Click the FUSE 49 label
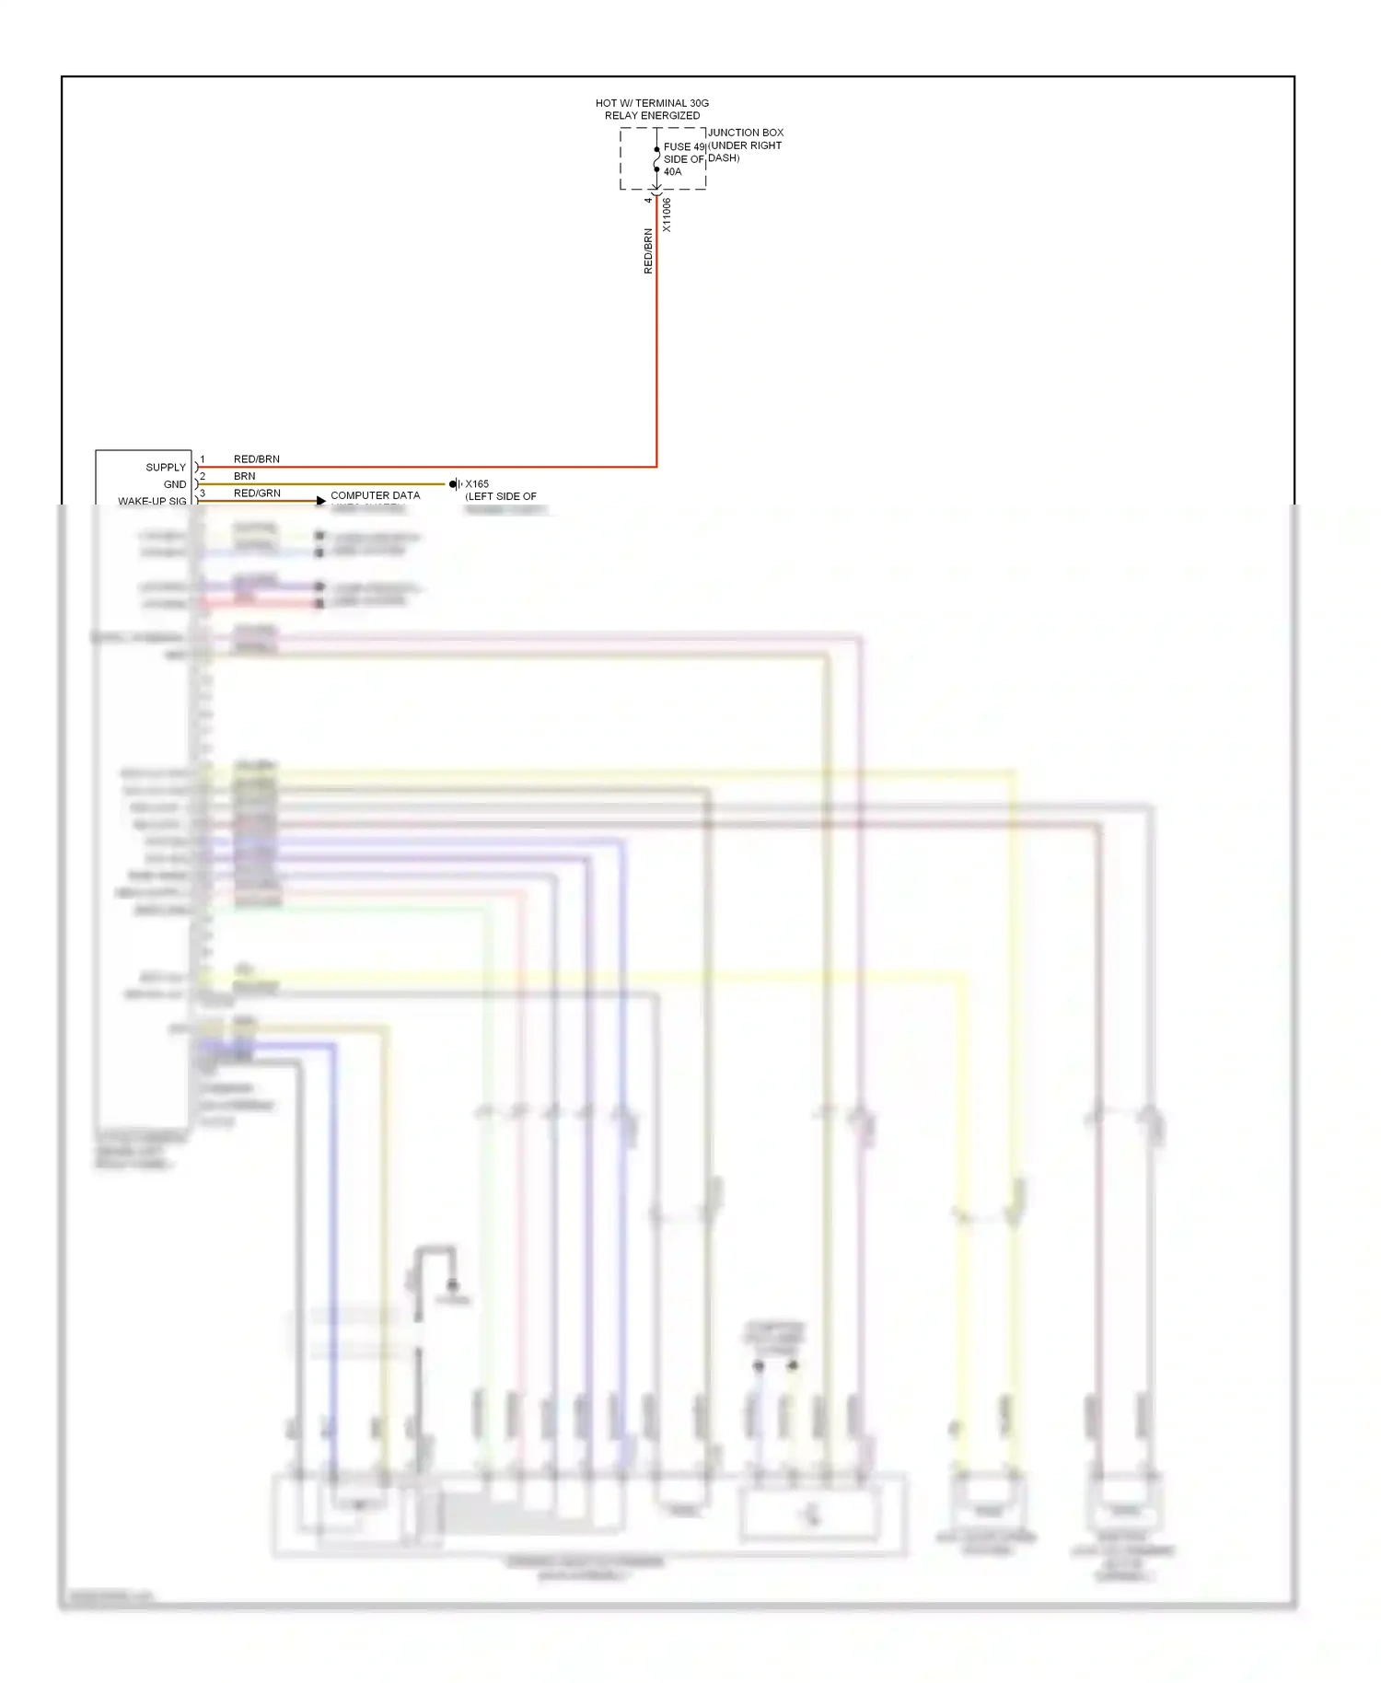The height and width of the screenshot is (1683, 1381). click(683, 146)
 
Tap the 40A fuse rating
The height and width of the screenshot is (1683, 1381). click(673, 172)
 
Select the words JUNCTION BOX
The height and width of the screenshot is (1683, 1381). click(746, 133)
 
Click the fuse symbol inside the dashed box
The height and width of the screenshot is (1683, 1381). click(656, 159)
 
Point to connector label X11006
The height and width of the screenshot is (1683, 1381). click(667, 215)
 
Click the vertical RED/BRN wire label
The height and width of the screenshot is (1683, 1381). click(648, 250)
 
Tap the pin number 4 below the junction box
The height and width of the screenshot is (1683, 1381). click(648, 200)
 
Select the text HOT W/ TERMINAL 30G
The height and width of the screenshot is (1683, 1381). click(652, 103)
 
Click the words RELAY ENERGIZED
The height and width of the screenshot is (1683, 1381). click(652, 116)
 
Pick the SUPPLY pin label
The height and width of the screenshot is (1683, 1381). click(166, 468)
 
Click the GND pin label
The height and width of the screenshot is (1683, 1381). click(175, 484)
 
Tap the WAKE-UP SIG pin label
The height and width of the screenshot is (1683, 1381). click(152, 501)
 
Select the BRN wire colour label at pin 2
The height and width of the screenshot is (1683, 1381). click(245, 476)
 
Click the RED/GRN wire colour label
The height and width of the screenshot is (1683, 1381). click(257, 493)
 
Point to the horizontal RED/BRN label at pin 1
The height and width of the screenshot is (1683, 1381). click(257, 458)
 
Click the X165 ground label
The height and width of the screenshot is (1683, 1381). click(477, 484)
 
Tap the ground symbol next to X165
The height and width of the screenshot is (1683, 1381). click(455, 484)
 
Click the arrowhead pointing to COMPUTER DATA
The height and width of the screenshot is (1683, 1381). click(320, 501)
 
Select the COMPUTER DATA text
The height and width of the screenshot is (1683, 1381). click(376, 495)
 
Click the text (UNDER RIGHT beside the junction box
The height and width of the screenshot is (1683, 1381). click(746, 145)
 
